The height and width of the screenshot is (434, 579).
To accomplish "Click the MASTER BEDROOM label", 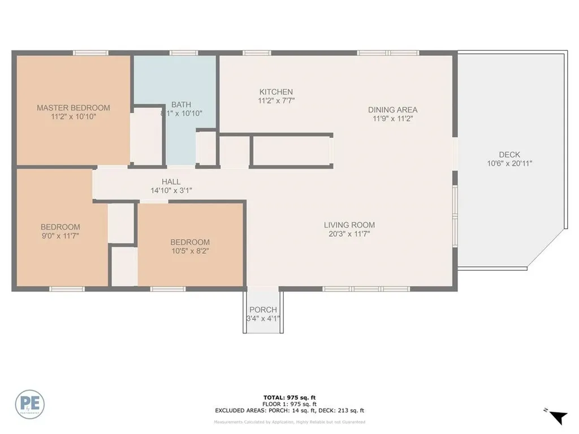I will point(74,107).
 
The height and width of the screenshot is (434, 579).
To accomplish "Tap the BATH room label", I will point(182,105).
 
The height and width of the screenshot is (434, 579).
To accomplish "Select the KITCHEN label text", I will point(276,92).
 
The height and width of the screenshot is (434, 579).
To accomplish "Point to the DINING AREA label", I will point(392,110).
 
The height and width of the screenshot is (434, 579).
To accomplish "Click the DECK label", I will point(509,154).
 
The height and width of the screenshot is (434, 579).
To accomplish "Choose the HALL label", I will point(171,181).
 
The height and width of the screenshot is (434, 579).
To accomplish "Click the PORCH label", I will point(263,310).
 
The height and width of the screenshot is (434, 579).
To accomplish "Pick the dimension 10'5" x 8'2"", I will point(191,251).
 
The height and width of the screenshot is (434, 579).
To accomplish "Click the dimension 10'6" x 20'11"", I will point(509,163).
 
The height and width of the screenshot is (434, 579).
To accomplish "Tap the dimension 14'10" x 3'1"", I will point(171,190).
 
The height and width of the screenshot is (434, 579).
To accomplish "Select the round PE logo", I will point(30,405).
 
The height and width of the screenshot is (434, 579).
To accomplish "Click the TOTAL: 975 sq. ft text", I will point(289,397).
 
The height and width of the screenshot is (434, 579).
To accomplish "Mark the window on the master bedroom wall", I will point(90,53).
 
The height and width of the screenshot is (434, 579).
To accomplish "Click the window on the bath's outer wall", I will point(180,53).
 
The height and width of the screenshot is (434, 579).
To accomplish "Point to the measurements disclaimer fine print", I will point(289,422).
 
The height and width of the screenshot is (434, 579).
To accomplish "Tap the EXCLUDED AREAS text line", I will point(289,411).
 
